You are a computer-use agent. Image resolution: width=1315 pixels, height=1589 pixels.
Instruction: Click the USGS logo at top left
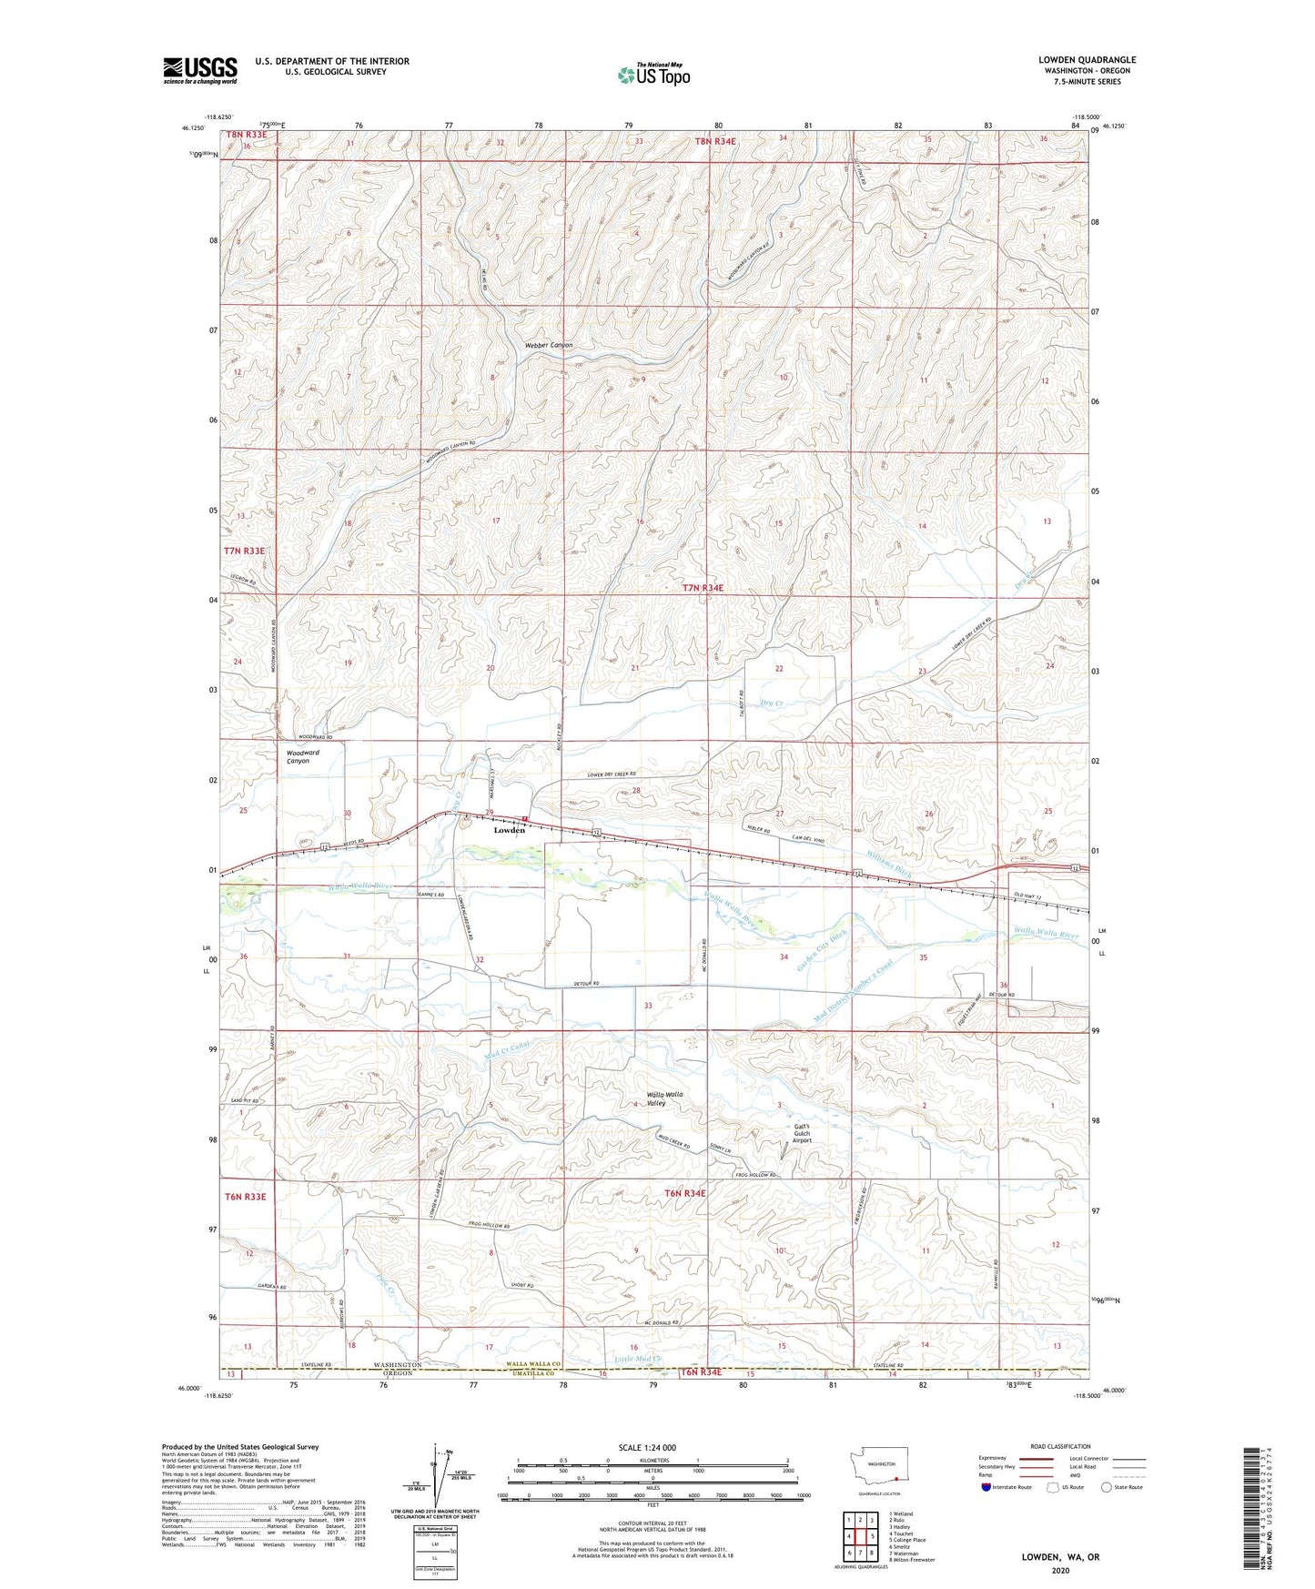199,70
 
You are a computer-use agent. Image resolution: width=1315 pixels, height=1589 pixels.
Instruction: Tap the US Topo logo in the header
652,75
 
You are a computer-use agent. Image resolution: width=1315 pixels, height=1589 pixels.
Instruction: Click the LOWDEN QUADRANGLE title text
1087,60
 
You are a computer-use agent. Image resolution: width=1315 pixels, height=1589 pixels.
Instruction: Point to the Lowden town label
509,830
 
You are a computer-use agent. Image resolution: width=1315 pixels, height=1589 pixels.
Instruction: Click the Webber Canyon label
549,346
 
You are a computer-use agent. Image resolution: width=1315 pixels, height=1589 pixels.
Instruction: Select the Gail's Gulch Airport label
802,1133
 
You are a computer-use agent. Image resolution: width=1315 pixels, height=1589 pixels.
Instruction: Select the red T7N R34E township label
703,588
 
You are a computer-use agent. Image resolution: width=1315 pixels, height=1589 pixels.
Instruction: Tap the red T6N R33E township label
245,1197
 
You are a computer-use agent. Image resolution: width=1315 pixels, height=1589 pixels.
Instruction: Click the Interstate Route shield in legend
987,1488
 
